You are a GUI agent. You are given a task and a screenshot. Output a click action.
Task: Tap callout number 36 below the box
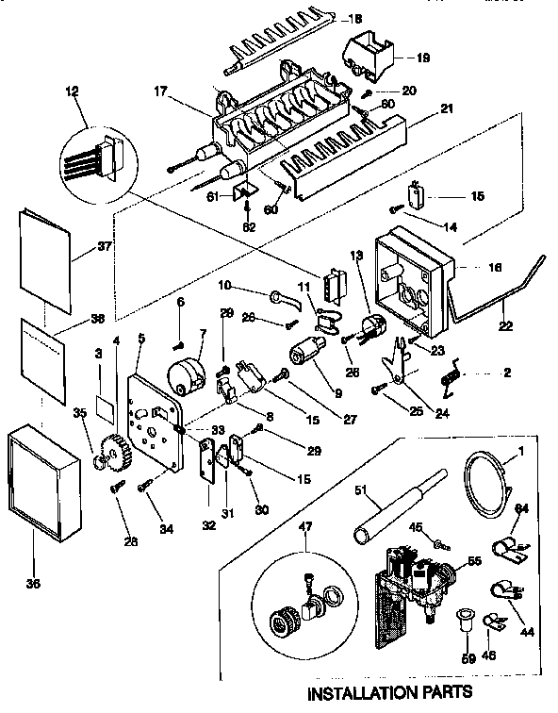[x=34, y=584]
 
